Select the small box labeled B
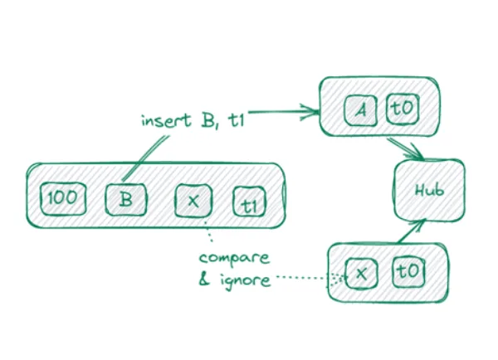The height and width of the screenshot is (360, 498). pos(124,199)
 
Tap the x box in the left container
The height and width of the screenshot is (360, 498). pos(193,199)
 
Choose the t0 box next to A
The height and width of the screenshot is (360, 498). pos(401,108)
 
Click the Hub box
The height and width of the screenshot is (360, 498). pos(429,189)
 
